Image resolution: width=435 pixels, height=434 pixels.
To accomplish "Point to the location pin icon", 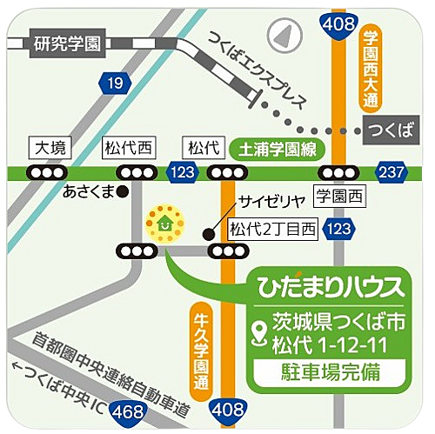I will click(258, 331).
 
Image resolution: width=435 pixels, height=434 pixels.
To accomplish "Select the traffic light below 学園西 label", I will click(338, 172).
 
